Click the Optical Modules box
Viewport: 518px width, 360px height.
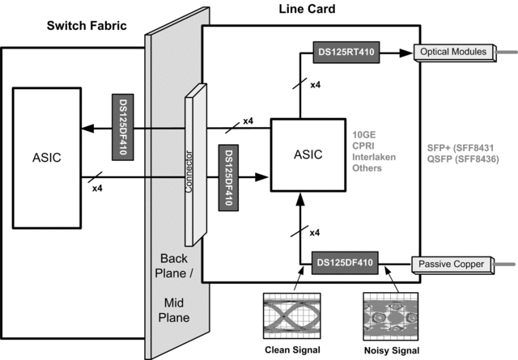click(453, 52)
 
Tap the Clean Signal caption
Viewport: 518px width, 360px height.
click(289, 349)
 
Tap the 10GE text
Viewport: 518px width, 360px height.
click(366, 133)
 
